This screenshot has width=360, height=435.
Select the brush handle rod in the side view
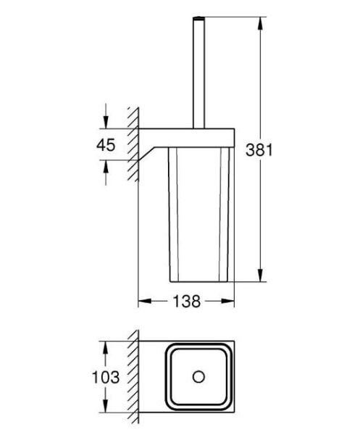(x=197, y=72)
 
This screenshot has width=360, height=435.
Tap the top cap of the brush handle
(x=197, y=15)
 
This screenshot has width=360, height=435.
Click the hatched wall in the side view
(x=133, y=145)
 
